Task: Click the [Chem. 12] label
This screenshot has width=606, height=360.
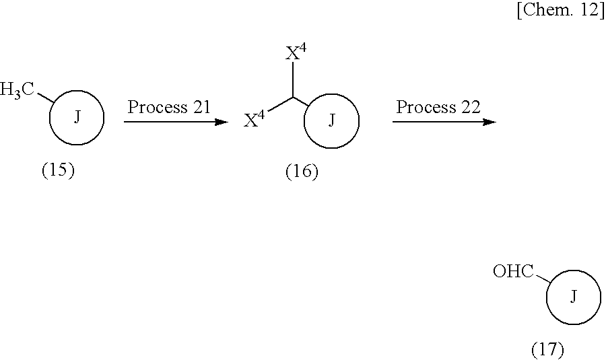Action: (560, 12)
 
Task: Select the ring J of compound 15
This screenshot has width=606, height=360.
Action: (77, 118)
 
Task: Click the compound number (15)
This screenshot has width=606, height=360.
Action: (58, 170)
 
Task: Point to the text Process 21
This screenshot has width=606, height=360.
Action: (169, 106)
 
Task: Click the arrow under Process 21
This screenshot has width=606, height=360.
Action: (176, 122)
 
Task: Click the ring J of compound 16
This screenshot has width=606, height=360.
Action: (331, 121)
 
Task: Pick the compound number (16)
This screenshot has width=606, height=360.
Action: (301, 172)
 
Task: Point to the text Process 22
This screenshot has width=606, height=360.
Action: (438, 106)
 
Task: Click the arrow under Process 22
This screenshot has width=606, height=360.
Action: (444, 122)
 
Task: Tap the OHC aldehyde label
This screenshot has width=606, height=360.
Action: (513, 272)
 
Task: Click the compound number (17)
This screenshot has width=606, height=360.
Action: (547, 350)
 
